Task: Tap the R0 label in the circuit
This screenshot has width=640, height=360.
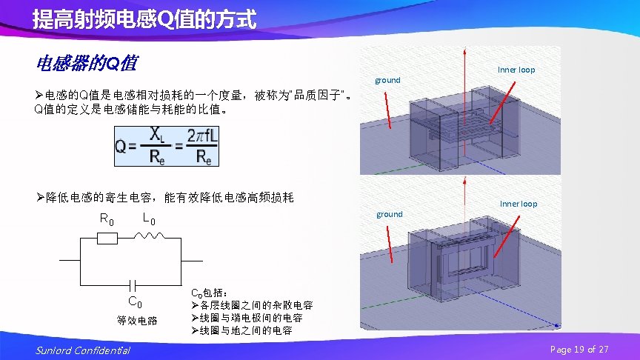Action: click(107, 219)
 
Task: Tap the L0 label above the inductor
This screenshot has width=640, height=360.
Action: click(148, 219)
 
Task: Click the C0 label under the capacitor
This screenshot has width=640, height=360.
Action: click(136, 301)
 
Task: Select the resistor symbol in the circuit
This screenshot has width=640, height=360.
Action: click(107, 239)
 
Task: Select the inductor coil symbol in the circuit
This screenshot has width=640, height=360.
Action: click(150, 237)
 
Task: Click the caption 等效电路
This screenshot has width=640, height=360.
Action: click(137, 321)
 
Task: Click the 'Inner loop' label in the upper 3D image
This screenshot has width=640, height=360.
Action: click(516, 70)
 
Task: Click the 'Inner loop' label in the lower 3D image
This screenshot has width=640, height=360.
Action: click(519, 204)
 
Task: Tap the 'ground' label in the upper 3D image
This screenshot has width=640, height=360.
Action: click(387, 80)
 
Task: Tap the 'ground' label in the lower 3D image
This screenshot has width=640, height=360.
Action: click(390, 214)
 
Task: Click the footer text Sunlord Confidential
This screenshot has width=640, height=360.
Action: click(82, 350)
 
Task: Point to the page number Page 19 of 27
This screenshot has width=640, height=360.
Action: click(579, 349)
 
